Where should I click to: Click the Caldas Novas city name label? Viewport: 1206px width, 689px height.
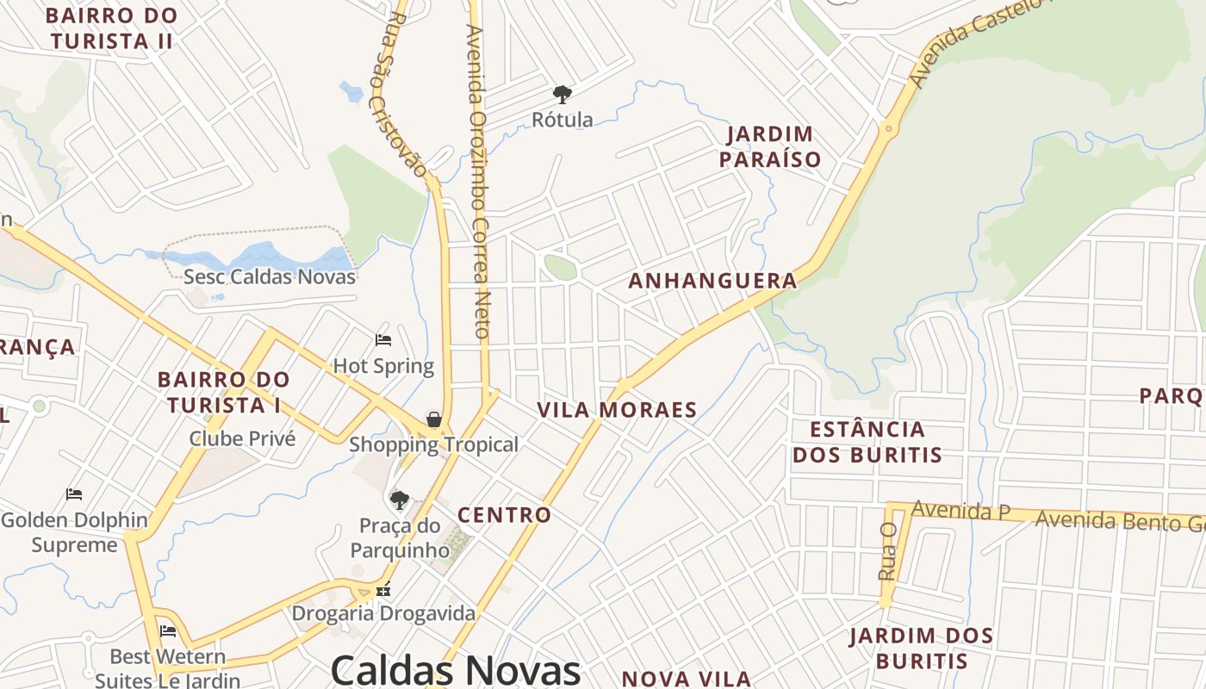tap(456, 669)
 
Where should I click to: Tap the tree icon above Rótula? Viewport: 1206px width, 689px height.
tap(563, 94)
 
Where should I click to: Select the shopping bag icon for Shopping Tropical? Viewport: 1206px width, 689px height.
tap(434, 419)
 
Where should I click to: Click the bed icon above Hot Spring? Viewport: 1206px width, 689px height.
tap(383, 340)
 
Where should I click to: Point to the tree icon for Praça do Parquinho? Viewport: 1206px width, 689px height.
tap(399, 500)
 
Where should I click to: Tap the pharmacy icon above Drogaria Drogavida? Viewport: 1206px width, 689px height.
tap(383, 591)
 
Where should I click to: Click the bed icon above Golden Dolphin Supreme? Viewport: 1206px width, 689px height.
tap(74, 494)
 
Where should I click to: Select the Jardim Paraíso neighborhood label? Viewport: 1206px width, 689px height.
tap(770, 146)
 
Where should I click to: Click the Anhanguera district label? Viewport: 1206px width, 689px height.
tap(712, 281)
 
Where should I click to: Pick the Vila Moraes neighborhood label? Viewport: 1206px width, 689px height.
tap(617, 410)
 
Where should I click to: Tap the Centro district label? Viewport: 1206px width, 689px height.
tap(504, 515)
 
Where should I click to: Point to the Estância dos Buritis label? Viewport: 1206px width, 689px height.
tap(867, 442)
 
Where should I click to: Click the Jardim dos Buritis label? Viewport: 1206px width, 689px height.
tap(921, 649)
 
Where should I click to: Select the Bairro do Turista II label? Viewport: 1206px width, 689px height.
tap(111, 28)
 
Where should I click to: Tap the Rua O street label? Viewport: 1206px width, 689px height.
tap(888, 550)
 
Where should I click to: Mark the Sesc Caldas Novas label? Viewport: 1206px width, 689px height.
tap(270, 276)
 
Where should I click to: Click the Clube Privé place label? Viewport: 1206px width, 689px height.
tap(242, 438)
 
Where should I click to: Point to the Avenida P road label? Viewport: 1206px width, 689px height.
tap(960, 510)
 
